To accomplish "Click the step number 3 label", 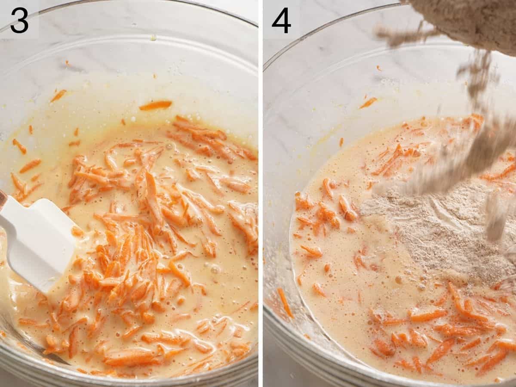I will (19, 20).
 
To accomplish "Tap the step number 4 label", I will (281, 20).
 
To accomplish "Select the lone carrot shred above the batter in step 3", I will (155, 105).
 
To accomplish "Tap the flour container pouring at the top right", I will (469, 22).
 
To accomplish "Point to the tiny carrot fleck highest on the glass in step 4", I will (378, 68).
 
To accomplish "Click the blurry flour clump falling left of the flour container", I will (396, 37).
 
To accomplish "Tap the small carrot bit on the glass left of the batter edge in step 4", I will (341, 142).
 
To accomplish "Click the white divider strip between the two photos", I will (261, 194).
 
